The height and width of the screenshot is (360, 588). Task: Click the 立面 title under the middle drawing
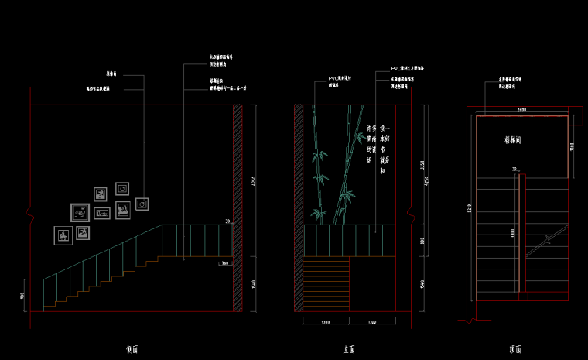349,349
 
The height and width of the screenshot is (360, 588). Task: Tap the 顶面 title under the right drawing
515,349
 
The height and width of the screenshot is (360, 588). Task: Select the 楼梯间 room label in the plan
514,141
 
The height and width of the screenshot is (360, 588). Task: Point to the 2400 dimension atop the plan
522,110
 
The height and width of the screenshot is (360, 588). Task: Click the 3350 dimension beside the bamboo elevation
422,166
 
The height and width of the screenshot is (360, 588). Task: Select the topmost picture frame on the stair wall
122,188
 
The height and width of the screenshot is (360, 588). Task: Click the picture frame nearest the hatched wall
142,204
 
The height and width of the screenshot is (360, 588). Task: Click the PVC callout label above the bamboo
340,78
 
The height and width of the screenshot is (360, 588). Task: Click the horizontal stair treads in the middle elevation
326,283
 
